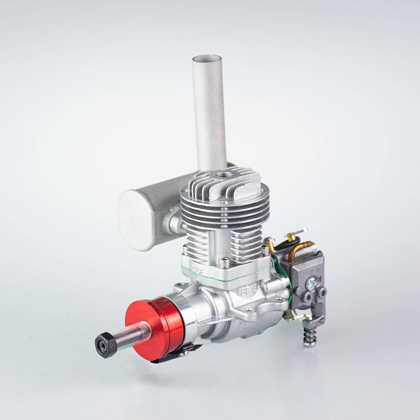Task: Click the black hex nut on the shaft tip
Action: (105, 344)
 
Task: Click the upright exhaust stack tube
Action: (209, 115)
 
